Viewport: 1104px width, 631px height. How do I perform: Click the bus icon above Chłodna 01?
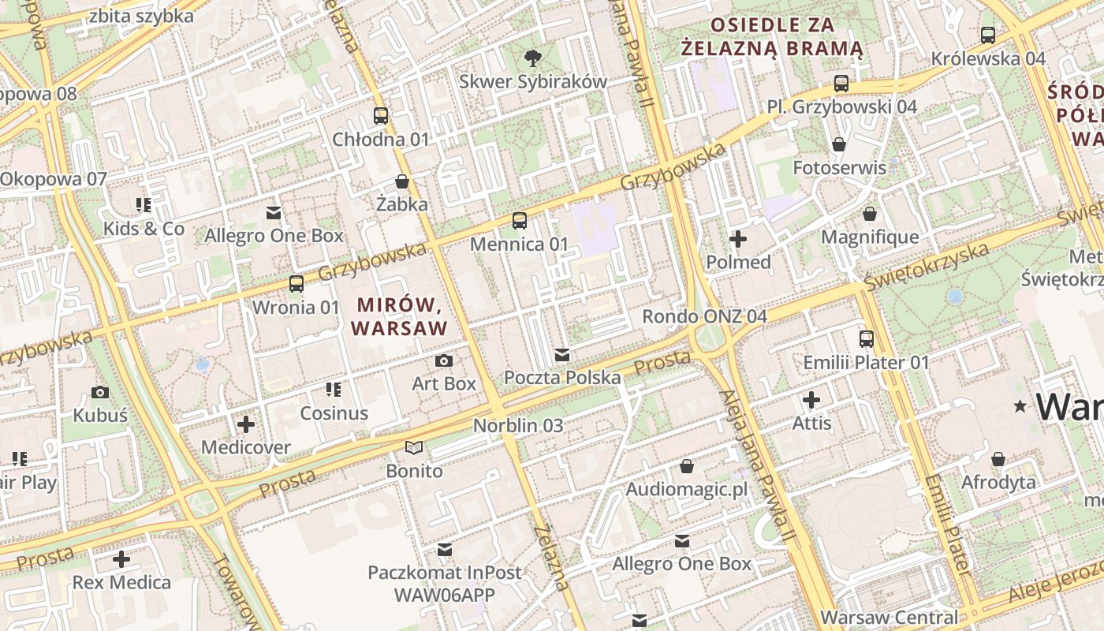381,116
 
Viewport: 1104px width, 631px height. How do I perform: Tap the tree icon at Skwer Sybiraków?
533,57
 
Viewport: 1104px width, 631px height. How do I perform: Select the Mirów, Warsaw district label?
399,315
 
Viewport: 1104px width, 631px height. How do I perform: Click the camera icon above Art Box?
444,360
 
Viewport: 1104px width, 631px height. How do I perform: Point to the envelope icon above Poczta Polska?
561,355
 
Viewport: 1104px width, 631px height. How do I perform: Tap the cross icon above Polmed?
738,238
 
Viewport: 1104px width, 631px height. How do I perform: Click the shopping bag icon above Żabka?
402,181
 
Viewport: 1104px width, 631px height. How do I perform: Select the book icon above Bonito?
414,448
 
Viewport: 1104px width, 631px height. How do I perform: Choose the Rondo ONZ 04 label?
704,316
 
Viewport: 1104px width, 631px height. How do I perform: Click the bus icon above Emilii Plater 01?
867,339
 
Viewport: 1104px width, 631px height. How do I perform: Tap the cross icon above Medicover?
246,424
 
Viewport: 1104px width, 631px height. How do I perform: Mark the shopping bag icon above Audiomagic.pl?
687,466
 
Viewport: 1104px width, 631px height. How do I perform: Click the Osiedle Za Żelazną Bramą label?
773,36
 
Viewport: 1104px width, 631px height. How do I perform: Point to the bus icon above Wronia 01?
297,284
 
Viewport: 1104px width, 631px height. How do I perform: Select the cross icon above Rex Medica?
121,559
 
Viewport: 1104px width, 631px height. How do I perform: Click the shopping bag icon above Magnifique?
870,214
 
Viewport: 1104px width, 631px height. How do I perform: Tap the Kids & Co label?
144,229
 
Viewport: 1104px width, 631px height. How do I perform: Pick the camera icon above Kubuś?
100,392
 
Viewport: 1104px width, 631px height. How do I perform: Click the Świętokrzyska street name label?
926,266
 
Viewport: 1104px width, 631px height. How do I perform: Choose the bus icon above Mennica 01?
519,221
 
